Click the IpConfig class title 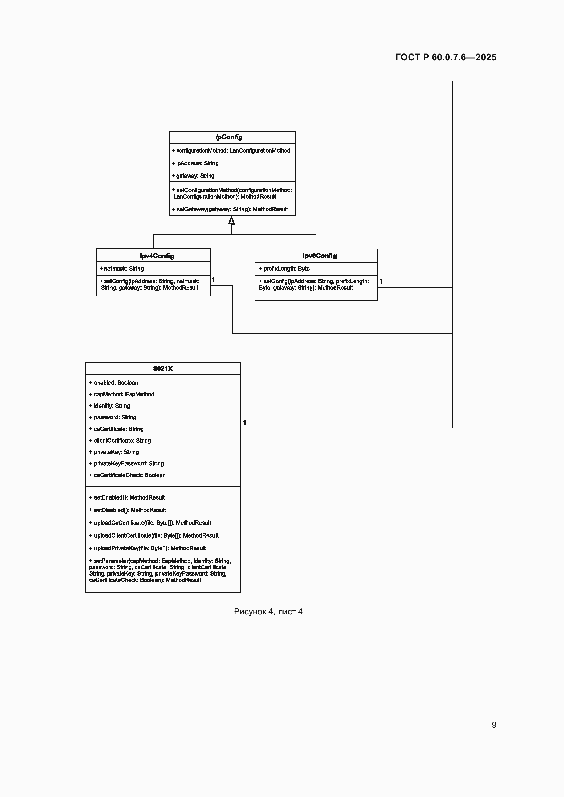229,137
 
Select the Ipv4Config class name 157,256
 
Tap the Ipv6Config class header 320,256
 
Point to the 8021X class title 163,369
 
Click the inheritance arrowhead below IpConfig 231,220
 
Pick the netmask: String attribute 121,269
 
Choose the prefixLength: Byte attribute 284,269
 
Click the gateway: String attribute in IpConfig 193,176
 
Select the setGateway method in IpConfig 230,209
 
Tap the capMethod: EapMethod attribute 121,394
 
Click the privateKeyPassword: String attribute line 127,464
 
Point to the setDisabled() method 128,510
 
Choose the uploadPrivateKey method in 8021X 147,549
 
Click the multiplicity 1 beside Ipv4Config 213,280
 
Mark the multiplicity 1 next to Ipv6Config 381,281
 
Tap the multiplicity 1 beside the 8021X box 244,423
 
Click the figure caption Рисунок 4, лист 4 268,612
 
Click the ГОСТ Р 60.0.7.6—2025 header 446,57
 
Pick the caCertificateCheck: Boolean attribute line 127,475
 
